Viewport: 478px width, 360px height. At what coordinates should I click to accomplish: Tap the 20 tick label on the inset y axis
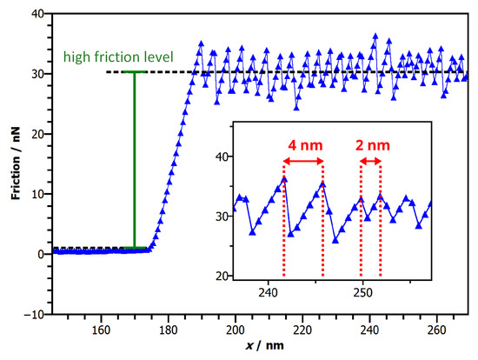[x=209, y=276]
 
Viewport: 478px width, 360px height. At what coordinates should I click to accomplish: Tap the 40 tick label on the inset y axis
[x=209, y=157]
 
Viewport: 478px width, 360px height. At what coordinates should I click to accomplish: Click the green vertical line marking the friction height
[x=134, y=160]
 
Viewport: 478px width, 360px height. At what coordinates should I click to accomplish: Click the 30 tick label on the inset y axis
[x=209, y=217]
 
